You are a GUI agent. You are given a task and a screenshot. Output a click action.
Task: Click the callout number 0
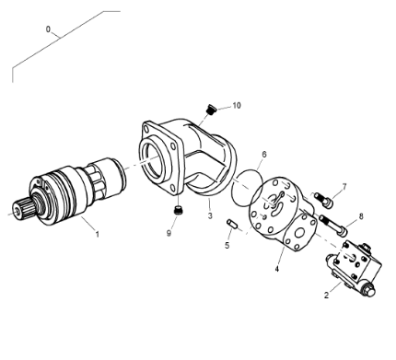[x=48, y=29]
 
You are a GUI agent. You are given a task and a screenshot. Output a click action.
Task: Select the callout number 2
[x=326, y=296]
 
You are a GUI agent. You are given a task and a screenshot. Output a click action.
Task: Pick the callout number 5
[x=263, y=155]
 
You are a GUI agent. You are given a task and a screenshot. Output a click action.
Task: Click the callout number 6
[x=344, y=187]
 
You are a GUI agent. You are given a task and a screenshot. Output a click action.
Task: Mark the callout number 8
[x=169, y=233]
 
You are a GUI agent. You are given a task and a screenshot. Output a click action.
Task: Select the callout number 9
[x=236, y=106]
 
